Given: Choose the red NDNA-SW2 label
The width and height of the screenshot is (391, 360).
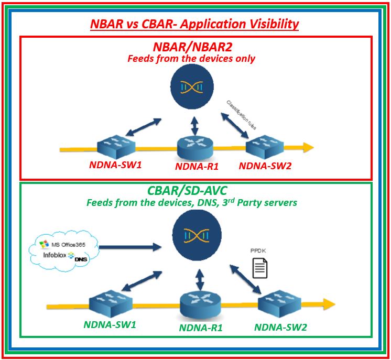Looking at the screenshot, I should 265,166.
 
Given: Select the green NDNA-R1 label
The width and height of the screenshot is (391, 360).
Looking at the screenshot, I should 201,329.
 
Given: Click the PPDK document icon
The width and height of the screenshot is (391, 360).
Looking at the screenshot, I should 260,268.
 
